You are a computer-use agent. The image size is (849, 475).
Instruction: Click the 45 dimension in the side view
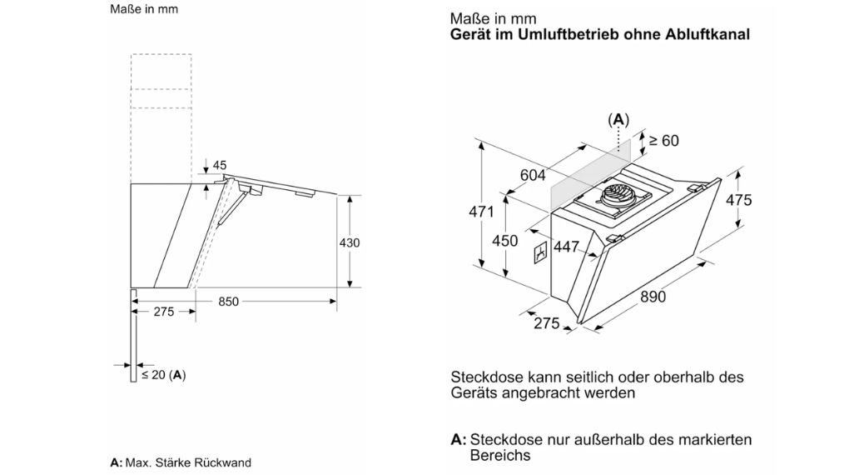(x=220, y=166)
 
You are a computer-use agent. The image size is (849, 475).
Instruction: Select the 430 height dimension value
(x=350, y=242)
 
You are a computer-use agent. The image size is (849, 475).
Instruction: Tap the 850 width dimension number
(x=229, y=302)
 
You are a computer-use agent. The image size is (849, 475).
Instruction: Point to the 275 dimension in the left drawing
(x=164, y=312)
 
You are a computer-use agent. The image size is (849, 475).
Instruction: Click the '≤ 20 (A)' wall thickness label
(x=163, y=375)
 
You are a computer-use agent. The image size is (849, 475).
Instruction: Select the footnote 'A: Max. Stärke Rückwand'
(x=180, y=462)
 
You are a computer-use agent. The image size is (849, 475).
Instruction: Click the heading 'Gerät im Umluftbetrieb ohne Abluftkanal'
(x=599, y=35)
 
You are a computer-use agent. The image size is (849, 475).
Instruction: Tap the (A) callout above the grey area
(x=618, y=119)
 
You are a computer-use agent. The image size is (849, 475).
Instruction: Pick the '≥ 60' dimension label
(x=663, y=141)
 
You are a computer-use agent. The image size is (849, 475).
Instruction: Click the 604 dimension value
(x=533, y=175)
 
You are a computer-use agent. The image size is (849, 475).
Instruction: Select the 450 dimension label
(x=504, y=242)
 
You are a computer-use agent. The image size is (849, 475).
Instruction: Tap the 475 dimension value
(x=738, y=200)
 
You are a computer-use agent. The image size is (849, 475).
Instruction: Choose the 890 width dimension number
(x=653, y=297)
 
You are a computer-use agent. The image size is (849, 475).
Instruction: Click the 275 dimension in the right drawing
(x=546, y=323)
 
